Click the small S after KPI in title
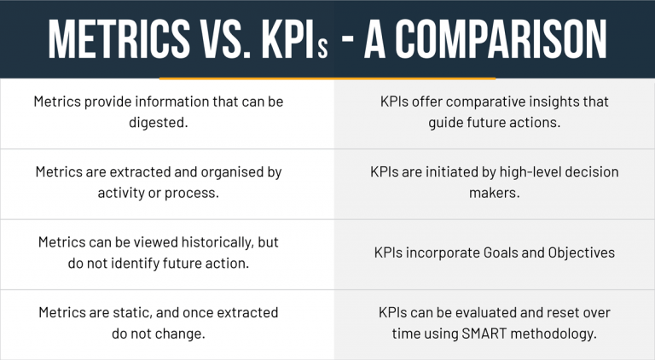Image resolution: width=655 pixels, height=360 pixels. pos(322,45)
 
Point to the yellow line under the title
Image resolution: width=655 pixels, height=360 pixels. pos(327,78)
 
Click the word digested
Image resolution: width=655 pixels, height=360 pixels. pos(158,123)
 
